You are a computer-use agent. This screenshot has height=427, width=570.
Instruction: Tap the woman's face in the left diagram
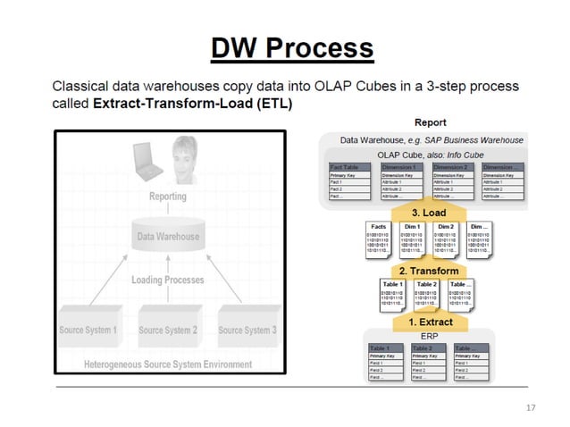(186, 154)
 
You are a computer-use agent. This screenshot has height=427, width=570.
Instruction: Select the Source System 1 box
(88, 330)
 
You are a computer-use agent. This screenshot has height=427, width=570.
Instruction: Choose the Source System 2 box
(168, 330)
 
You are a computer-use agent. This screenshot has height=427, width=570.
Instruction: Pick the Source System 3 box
(247, 330)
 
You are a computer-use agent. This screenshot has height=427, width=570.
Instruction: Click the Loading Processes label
(168, 280)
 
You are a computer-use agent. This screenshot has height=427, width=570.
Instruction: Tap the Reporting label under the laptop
(168, 196)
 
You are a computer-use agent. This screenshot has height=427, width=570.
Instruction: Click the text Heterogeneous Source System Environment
(168, 364)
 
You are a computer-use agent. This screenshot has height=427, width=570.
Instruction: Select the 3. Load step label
(428, 213)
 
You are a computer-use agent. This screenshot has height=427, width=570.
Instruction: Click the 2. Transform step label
(428, 271)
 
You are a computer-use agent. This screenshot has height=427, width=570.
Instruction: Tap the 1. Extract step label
(430, 322)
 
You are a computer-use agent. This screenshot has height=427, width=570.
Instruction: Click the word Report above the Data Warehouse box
(431, 122)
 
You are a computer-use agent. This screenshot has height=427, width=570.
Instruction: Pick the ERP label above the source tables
(430, 336)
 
